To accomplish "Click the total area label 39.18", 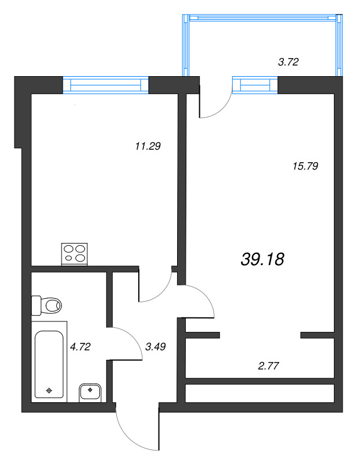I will pos(262,259).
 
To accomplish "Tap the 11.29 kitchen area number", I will pos(147,146).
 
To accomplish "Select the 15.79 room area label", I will pos(306,166).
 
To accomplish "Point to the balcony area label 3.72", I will pos(288,62).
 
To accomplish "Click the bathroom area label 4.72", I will pos(80,347).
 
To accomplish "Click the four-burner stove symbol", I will pos(74,254).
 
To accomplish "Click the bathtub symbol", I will pos(49,364).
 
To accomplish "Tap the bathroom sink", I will pos(90,392).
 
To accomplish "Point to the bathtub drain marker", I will pos(49,390).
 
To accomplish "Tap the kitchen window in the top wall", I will pos(106,85).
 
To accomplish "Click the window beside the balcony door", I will pos(255,85).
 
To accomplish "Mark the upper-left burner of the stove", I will pos(69,249).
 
